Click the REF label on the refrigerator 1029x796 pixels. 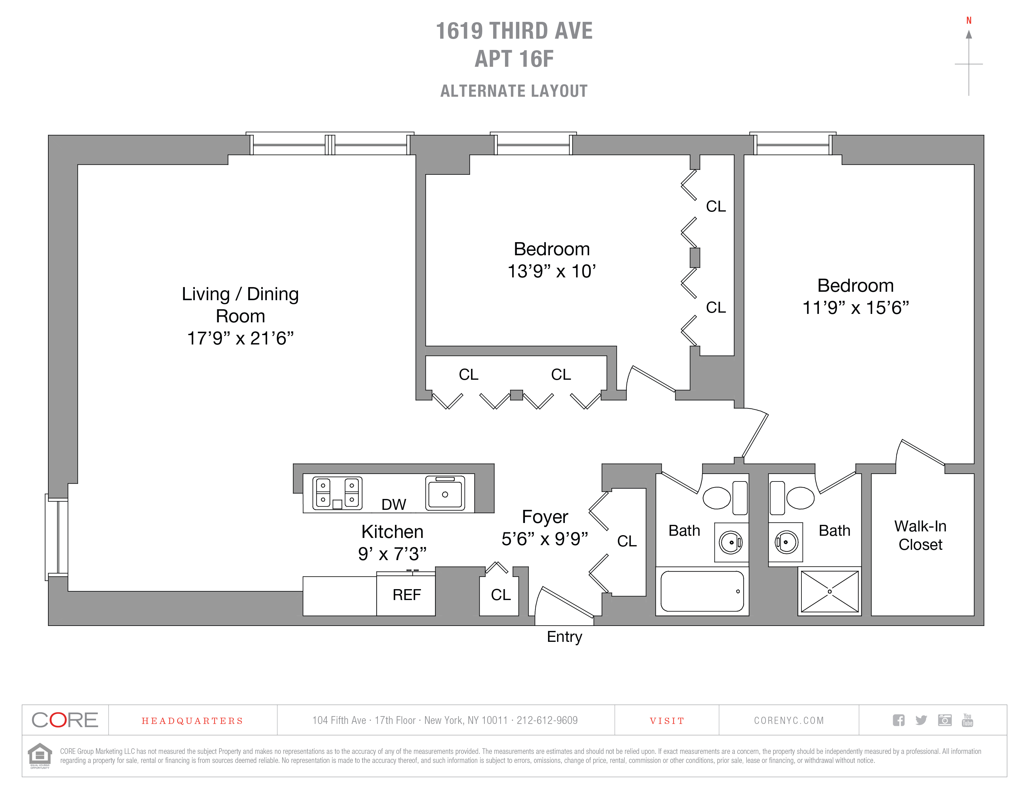click(x=406, y=595)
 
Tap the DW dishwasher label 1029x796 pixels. click(x=393, y=504)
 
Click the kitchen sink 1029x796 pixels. click(x=445, y=493)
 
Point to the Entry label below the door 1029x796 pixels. click(x=565, y=637)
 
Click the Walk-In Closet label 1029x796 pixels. click(x=920, y=535)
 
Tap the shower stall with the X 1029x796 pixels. click(x=830, y=591)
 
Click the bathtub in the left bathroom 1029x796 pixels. click(x=702, y=591)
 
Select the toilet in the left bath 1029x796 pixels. click(x=725, y=497)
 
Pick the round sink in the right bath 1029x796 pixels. click(x=786, y=542)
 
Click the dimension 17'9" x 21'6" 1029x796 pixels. click(x=240, y=338)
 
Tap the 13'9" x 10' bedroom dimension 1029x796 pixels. click(x=552, y=271)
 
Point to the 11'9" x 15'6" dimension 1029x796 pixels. click(x=856, y=307)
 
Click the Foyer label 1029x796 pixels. click(x=545, y=517)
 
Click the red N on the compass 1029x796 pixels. click(x=969, y=20)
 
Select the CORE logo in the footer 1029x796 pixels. click(x=65, y=720)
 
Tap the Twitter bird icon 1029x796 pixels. click(x=921, y=720)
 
